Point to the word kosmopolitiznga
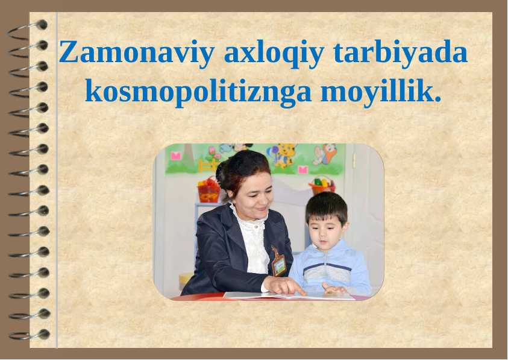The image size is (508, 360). pyautogui.click(x=198, y=92)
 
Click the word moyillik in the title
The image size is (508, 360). pyautogui.click(x=380, y=92)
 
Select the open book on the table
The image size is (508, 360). pyautogui.click(x=289, y=295)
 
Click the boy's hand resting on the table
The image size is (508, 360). pyautogui.click(x=333, y=288)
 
